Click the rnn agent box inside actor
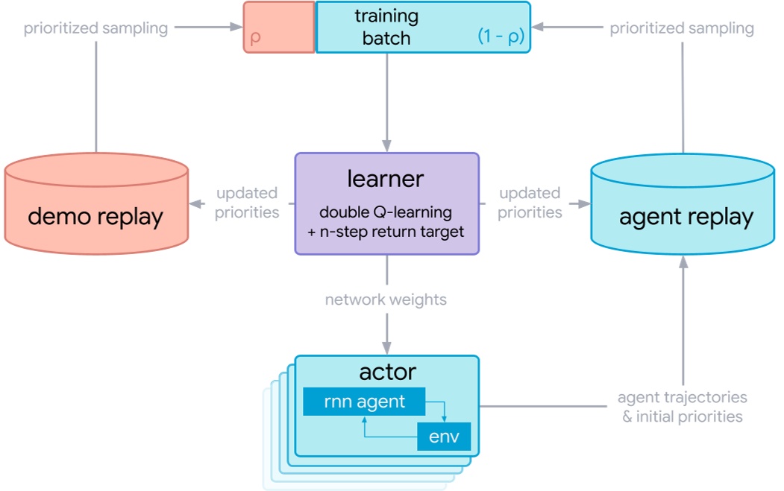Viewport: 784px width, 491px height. pos(364,402)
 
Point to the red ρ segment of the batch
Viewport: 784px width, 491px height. pos(278,28)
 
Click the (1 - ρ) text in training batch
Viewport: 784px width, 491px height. pos(501,37)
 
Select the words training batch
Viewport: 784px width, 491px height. pos(386,27)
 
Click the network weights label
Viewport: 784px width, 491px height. pos(386,300)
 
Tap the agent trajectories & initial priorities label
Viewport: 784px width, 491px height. pos(683,407)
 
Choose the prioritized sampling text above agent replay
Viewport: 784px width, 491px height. pos(682,28)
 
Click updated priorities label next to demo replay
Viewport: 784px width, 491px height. pos(247,203)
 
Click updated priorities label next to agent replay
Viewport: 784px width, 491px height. pos(530,203)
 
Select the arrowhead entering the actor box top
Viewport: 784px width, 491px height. pos(386,348)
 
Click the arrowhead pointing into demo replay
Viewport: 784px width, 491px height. pos(195,203)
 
